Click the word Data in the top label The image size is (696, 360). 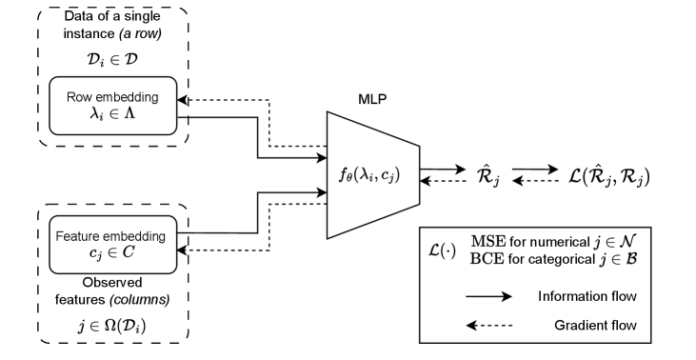click(79, 18)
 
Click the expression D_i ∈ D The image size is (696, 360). click(112, 58)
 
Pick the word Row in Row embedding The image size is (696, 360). click(78, 97)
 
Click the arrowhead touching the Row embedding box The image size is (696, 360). click(184, 99)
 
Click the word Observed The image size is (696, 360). click(112, 283)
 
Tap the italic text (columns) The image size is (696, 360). click(137, 299)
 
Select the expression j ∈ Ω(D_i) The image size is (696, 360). click(112, 327)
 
